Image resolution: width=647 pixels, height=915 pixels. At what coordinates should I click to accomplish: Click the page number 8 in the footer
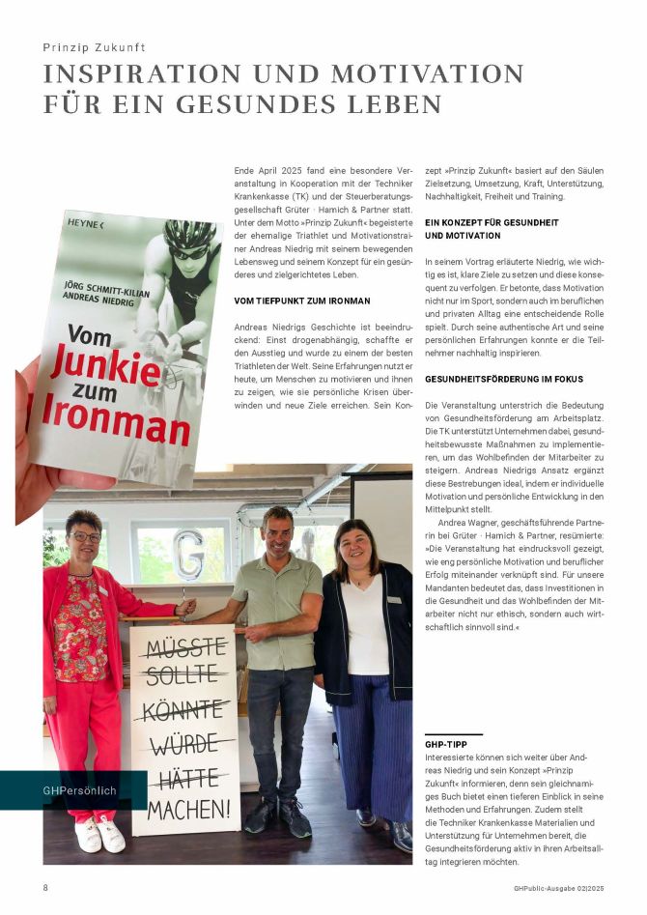coord(45,887)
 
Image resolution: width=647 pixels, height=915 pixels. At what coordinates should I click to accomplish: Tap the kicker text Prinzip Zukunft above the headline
coord(95,47)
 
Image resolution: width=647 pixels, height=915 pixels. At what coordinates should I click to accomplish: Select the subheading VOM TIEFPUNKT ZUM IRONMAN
coord(302,301)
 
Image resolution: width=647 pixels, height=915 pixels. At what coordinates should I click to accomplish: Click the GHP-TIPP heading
coord(450,746)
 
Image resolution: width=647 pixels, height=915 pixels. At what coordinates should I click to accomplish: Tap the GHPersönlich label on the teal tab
coord(79,790)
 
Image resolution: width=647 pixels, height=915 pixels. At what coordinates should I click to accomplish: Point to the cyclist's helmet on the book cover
coord(190,234)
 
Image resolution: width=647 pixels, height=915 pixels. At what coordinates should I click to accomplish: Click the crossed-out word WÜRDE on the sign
coord(184,744)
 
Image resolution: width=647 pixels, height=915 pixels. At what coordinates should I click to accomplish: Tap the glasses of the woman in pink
coord(85,536)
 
